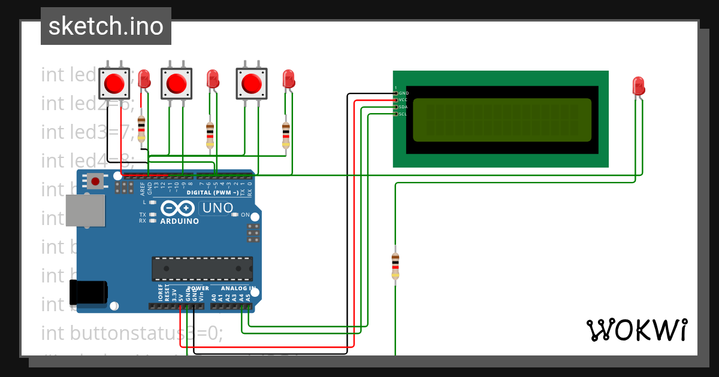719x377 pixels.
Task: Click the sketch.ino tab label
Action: [105, 26]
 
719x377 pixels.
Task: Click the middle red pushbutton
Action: [177, 83]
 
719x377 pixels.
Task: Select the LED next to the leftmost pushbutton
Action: [144, 79]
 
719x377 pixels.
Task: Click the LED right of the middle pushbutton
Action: [212, 79]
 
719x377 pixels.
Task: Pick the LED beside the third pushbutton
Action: [288, 78]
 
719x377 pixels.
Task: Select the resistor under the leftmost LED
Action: [141, 128]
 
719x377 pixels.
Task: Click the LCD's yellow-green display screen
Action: [502, 120]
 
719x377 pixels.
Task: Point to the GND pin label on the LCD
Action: [403, 93]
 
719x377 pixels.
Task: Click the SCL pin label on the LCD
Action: [403, 114]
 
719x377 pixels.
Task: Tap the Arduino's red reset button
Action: [95, 180]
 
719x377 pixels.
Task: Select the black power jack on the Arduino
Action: [88, 292]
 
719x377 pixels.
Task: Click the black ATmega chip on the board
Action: [202, 268]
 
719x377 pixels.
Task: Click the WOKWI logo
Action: [636, 330]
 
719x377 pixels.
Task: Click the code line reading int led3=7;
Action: [87, 132]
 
